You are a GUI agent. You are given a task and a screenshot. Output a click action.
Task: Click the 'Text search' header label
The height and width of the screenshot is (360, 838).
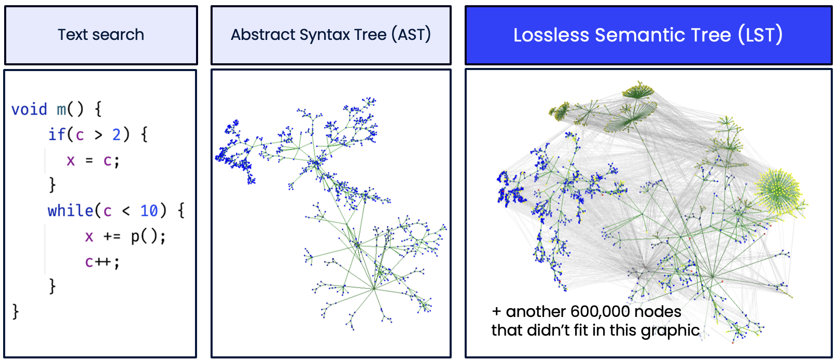[x=101, y=35]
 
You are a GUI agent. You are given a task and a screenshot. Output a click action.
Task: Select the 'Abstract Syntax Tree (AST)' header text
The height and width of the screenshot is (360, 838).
[x=331, y=35]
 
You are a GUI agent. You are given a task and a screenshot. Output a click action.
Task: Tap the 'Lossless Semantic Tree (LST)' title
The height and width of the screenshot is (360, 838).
[x=648, y=35]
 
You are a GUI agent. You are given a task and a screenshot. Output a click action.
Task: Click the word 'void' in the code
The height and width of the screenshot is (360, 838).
[x=29, y=109]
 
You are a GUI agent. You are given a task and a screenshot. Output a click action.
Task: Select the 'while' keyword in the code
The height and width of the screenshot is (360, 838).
[x=71, y=211]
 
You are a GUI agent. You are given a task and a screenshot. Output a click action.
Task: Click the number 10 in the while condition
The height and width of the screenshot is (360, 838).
[x=149, y=211]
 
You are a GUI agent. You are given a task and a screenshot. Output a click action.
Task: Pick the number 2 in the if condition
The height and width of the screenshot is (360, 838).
[x=117, y=135]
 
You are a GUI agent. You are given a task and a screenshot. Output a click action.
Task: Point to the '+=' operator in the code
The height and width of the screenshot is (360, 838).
[x=112, y=237]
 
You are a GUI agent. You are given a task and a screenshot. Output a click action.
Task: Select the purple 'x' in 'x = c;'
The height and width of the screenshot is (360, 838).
[x=71, y=161]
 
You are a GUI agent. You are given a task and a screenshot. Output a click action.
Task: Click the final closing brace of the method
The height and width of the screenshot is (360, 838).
[x=16, y=311]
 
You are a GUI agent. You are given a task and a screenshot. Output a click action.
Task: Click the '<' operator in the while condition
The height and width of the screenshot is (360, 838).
[x=126, y=211]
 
